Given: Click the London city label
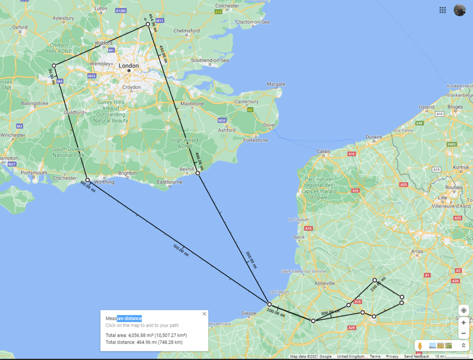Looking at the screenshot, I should point(129,66).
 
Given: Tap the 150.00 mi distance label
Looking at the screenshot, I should point(181,250).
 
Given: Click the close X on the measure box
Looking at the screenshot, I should point(204,314).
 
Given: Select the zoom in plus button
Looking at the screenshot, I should point(464,322).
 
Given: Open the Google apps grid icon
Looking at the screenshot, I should point(443,10).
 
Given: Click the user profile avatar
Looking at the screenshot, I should point(460,10).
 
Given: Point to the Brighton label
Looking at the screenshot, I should point(127,173).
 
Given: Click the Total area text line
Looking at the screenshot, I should point(143,335).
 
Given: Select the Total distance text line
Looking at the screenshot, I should point(144,342).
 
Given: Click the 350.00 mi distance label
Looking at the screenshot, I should point(252,260).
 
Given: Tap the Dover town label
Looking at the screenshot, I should point(269,125).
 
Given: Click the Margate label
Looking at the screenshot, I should point(276,84).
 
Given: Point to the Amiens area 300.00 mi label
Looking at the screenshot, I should point(331,313).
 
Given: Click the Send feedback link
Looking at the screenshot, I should point(417,356).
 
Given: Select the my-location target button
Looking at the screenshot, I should point(464,310).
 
